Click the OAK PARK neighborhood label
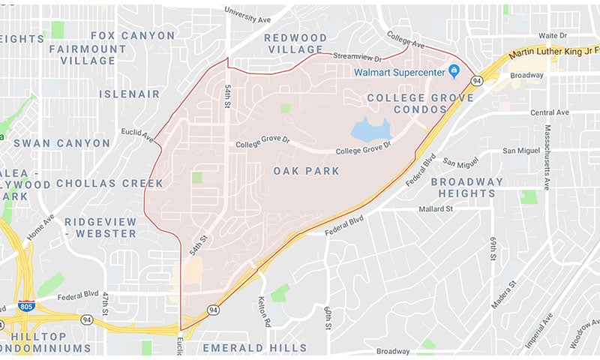(306, 171)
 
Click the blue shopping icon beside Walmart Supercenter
(453, 71)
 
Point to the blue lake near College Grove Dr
(370, 130)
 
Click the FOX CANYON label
(132, 35)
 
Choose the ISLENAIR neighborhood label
(130, 94)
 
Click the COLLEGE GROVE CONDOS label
(421, 104)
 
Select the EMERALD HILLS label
(254, 348)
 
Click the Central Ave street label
(550, 112)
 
